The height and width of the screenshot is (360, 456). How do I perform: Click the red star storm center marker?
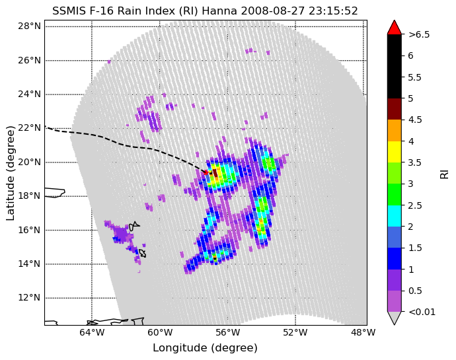click(x=206, y=172)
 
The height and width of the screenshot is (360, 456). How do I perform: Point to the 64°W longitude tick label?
click(x=92, y=332)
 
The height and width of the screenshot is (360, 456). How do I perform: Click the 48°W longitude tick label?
click(x=363, y=332)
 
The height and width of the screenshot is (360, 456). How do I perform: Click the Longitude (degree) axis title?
click(x=205, y=348)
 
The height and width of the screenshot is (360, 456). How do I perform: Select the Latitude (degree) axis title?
click(x=10, y=173)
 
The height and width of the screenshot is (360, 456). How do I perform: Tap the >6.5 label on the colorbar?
click(x=419, y=34)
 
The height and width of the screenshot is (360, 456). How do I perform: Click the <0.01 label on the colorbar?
click(x=422, y=312)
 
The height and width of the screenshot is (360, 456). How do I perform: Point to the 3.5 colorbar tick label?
click(x=415, y=162)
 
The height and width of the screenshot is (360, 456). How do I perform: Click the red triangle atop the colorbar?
click(x=395, y=27)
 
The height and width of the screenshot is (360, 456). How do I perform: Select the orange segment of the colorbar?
click(x=395, y=131)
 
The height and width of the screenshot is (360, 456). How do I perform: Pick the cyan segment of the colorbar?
click(x=395, y=216)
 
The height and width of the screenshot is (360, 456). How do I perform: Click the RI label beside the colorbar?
click(x=444, y=173)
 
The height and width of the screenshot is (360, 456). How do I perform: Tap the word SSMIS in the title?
click(x=69, y=11)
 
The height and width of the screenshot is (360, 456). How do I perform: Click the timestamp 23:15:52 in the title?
click(x=333, y=11)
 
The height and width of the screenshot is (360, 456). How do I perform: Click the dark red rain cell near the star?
click(x=215, y=172)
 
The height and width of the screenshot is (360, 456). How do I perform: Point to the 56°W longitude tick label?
click(x=227, y=332)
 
